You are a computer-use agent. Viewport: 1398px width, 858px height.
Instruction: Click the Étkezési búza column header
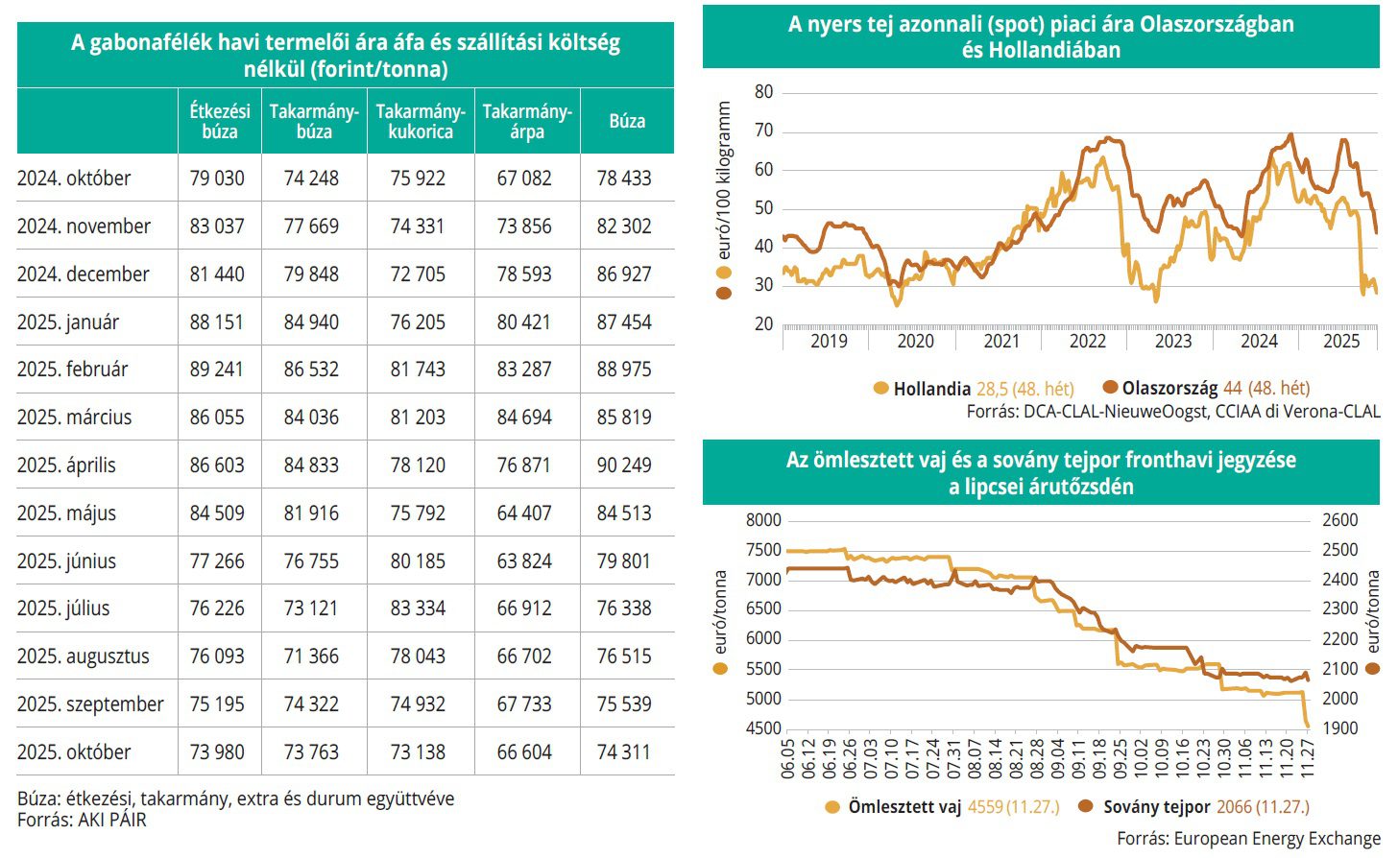pos(220,121)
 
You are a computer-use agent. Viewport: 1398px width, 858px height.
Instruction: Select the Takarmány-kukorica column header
pos(421,121)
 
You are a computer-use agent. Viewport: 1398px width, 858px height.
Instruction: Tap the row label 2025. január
pos(68,322)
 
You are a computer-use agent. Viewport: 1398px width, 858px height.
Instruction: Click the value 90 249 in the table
pos(624,465)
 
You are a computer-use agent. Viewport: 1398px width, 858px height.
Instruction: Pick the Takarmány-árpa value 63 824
pos(524,561)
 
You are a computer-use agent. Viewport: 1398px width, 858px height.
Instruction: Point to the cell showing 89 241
pos(217,369)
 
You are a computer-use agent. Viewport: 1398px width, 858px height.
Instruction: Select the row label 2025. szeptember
pos(90,704)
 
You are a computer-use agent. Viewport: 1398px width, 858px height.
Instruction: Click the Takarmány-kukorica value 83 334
pos(418,608)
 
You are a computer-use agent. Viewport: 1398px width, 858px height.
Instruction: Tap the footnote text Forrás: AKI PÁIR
pos(82,821)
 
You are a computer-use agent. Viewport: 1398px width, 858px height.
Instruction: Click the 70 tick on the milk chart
pos(764,131)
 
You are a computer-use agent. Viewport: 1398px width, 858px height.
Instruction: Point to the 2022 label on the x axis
pos(1088,342)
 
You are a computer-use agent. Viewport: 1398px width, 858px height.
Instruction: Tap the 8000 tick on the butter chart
pos(764,521)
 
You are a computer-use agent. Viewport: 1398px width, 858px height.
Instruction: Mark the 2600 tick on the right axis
pos(1340,521)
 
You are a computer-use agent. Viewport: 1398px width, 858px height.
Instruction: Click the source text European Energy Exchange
pos(1248,839)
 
